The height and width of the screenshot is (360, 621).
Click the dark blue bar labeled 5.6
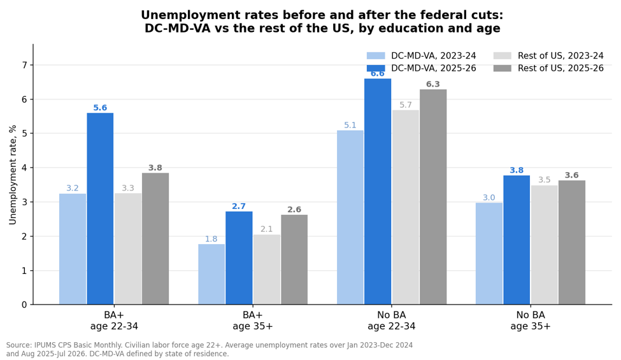100,209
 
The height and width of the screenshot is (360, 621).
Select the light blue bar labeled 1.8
211,274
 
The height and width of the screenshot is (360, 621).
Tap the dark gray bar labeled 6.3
433,197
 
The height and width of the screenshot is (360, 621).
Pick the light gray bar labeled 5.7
406,207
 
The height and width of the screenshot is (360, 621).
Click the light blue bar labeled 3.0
489,254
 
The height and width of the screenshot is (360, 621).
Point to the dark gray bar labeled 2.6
294,259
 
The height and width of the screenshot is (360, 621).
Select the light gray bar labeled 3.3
128,248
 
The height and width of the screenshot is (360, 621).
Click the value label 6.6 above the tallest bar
378,74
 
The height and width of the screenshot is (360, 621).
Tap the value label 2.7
239,206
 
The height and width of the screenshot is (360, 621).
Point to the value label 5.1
350,125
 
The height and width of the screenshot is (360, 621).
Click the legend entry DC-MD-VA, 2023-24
421,56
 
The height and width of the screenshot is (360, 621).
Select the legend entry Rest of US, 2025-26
548,68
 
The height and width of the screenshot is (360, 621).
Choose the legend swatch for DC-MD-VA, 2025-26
376,68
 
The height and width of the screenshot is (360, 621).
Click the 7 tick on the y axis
25,65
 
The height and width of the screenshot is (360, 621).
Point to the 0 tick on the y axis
25,305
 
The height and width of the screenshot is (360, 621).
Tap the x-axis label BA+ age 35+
253,320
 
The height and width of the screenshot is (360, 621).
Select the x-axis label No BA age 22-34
391,320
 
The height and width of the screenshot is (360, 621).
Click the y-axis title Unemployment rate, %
13,175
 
